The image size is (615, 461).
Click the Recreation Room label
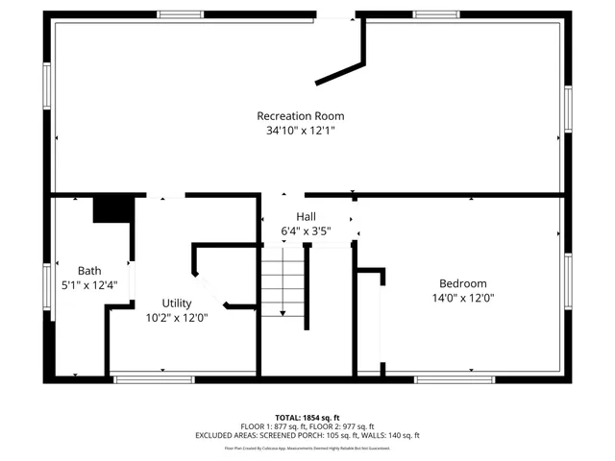click(300, 116)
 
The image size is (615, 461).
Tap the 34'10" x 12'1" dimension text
click(300, 131)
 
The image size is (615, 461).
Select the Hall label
click(306, 217)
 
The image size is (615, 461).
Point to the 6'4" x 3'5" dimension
click(306, 231)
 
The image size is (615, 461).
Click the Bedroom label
click(462, 283)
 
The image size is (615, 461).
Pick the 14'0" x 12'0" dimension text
click(462, 298)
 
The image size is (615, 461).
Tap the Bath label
click(88, 271)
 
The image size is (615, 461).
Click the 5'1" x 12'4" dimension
click(88, 285)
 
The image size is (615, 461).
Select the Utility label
click(176, 303)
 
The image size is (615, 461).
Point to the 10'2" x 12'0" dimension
click(176, 317)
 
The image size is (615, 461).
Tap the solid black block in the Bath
click(111, 208)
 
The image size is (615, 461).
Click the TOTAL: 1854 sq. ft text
click(307, 418)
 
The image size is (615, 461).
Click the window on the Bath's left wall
click(46, 286)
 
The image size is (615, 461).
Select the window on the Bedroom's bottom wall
click(442, 380)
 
